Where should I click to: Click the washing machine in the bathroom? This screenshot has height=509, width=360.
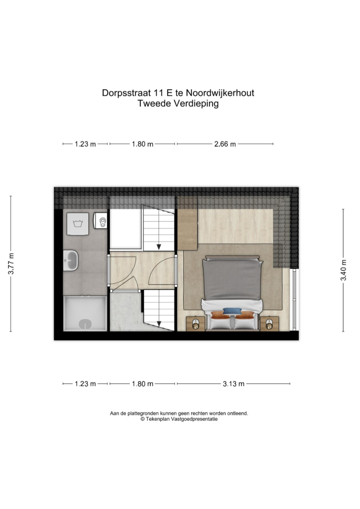point(78,223)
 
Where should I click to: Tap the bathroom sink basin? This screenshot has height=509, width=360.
point(71,260)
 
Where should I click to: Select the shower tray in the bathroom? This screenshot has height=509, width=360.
point(85,313)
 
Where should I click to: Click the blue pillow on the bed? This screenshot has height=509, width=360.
point(232,311)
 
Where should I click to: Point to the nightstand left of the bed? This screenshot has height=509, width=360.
point(195,323)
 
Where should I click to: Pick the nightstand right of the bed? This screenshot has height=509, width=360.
point(269,323)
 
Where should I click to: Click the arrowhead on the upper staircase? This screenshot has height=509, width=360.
point(159,247)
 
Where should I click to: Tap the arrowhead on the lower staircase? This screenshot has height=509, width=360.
point(159,323)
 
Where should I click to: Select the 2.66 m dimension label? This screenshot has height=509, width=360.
point(225,144)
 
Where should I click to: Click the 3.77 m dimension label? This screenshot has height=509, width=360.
point(11,264)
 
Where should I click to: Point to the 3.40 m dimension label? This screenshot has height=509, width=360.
point(344,270)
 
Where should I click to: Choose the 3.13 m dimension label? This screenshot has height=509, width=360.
point(233,384)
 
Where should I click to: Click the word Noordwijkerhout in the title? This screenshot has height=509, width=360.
point(220,93)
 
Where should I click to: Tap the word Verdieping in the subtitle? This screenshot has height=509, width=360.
point(196,104)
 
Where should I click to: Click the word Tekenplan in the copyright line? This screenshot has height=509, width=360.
point(158,419)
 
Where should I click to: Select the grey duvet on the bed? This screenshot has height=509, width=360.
point(232,279)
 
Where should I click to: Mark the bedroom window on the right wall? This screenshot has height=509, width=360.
point(295,299)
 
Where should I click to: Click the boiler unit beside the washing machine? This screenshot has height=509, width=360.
point(100,221)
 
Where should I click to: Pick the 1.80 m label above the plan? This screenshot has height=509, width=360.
point(143,144)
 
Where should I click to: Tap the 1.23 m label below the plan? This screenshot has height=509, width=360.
point(86,384)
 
